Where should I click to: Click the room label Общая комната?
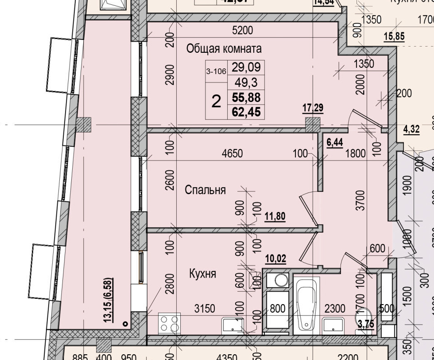click(217, 48)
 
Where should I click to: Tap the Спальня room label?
click(205, 190)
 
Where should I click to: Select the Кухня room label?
click(202, 274)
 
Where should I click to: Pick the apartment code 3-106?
click(216, 71)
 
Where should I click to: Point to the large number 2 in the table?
click(216, 102)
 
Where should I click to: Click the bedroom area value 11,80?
click(275, 217)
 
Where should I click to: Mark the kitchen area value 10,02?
click(275, 259)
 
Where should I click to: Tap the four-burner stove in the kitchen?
click(169, 322)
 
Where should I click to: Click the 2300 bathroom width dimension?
click(335, 309)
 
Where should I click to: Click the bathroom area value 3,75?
click(366, 324)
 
